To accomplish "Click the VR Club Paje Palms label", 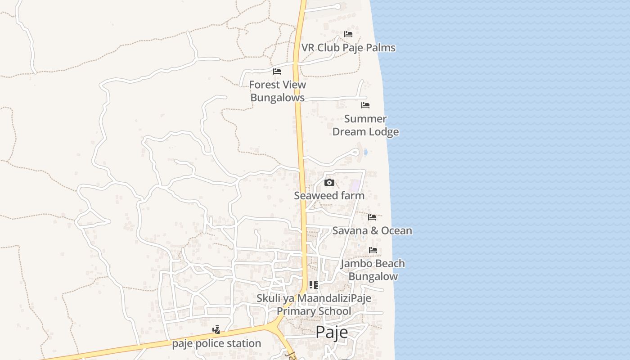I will [x=348, y=48].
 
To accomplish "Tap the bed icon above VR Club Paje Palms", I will [x=348, y=34].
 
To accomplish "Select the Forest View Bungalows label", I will [x=277, y=91].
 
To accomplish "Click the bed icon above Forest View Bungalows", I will [x=277, y=72].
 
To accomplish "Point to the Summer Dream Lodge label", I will [x=365, y=125].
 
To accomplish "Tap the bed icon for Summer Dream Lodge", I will [x=365, y=105].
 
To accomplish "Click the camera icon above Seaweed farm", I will [x=329, y=182].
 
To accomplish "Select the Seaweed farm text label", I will [x=329, y=196].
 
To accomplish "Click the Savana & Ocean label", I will [x=372, y=231].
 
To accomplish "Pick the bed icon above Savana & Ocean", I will [x=372, y=217].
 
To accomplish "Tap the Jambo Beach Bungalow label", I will [x=373, y=270].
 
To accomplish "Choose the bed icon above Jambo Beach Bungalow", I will [x=373, y=250].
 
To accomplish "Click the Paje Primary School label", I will [x=314, y=311].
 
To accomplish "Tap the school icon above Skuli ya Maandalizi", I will [x=314, y=285].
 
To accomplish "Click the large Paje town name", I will [x=332, y=332].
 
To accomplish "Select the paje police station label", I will [x=216, y=343].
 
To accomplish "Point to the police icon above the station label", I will [x=216, y=330].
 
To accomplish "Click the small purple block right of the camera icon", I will [x=355, y=185].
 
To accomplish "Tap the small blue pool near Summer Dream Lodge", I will [x=365, y=152].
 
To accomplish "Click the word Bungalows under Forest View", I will [x=277, y=98].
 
